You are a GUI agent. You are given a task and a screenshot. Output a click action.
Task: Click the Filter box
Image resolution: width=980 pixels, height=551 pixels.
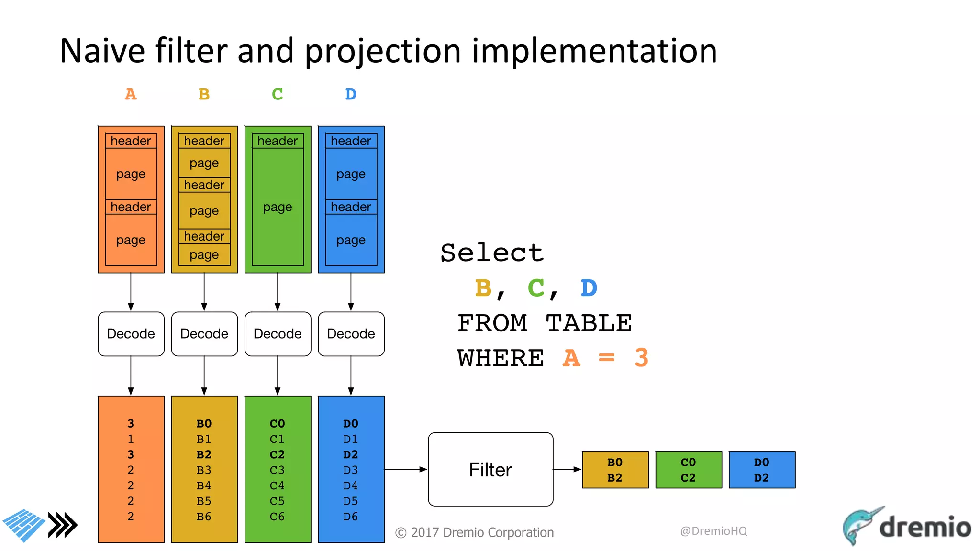coord(490,469)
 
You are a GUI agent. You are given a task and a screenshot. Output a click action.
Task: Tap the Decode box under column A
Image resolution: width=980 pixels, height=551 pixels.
coord(131,334)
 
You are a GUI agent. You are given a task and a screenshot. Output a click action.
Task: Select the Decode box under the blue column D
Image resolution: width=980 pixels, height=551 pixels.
coord(351,334)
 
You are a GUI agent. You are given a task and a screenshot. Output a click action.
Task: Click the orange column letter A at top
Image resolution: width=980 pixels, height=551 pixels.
coord(131,94)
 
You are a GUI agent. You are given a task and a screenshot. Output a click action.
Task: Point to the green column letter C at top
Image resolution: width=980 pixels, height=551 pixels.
coord(277,94)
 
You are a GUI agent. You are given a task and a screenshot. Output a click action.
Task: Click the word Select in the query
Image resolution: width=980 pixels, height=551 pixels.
coord(492,253)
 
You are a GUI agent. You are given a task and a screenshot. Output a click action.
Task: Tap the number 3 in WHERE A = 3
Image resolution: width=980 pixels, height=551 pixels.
coord(641,358)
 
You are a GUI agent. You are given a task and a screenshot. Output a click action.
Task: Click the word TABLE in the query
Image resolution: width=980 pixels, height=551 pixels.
coord(589,323)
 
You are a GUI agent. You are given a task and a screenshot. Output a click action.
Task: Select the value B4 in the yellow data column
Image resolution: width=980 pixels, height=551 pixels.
coord(204,485)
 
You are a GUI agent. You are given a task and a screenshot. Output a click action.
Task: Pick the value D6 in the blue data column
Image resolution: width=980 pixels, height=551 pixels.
coord(351,517)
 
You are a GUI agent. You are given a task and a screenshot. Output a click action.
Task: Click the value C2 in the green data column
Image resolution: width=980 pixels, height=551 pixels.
coord(277,454)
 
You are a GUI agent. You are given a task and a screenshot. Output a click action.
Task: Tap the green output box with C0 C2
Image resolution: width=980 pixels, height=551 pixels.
coord(688,470)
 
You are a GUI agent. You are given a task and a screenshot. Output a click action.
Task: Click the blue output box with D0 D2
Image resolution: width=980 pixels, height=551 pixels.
coord(762,470)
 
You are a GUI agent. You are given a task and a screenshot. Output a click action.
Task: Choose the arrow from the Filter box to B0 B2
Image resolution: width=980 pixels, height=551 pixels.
coord(568,469)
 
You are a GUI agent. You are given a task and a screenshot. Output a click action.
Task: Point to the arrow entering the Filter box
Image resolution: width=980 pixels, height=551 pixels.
coord(406,469)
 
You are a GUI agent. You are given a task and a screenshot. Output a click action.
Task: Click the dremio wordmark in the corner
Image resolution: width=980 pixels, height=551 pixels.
coord(924,527)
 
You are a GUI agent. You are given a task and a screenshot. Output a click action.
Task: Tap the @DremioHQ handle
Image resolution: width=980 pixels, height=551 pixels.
coord(713,531)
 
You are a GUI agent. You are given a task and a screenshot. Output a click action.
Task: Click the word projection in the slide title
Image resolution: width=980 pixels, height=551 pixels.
coord(383,51)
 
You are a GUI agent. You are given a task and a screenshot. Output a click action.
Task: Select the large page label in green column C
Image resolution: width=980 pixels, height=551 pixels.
coord(278,207)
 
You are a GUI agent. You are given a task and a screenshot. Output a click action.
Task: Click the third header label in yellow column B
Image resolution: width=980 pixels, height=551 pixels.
coord(204,236)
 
